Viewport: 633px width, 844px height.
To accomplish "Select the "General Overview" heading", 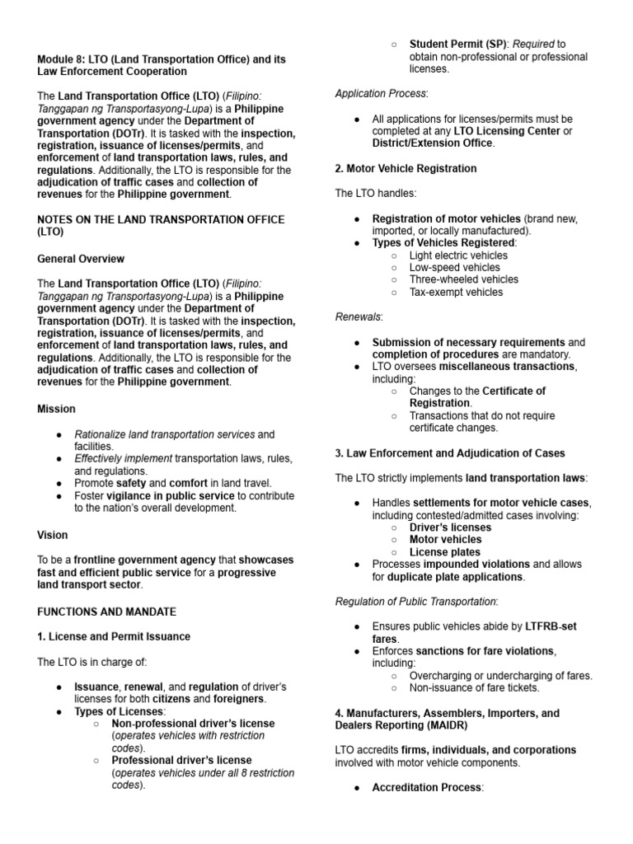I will click(x=81, y=259).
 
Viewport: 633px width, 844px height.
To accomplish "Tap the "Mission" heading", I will click(x=56, y=409).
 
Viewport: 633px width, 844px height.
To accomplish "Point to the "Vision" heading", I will click(x=53, y=535).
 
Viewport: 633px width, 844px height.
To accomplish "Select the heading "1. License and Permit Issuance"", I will click(x=114, y=636).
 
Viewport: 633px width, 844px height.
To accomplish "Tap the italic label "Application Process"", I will click(x=381, y=94).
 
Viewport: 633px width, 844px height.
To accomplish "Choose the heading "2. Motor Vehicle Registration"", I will click(x=406, y=168).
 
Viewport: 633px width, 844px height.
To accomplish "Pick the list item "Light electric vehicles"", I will click(x=458, y=256).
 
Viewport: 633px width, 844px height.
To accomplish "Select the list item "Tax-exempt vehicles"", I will click(x=456, y=292).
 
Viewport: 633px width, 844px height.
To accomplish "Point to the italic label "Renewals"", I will click(x=359, y=316).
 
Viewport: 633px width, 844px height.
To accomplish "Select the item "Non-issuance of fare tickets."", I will click(x=474, y=687).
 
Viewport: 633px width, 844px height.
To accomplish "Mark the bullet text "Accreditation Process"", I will click(x=426, y=788).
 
